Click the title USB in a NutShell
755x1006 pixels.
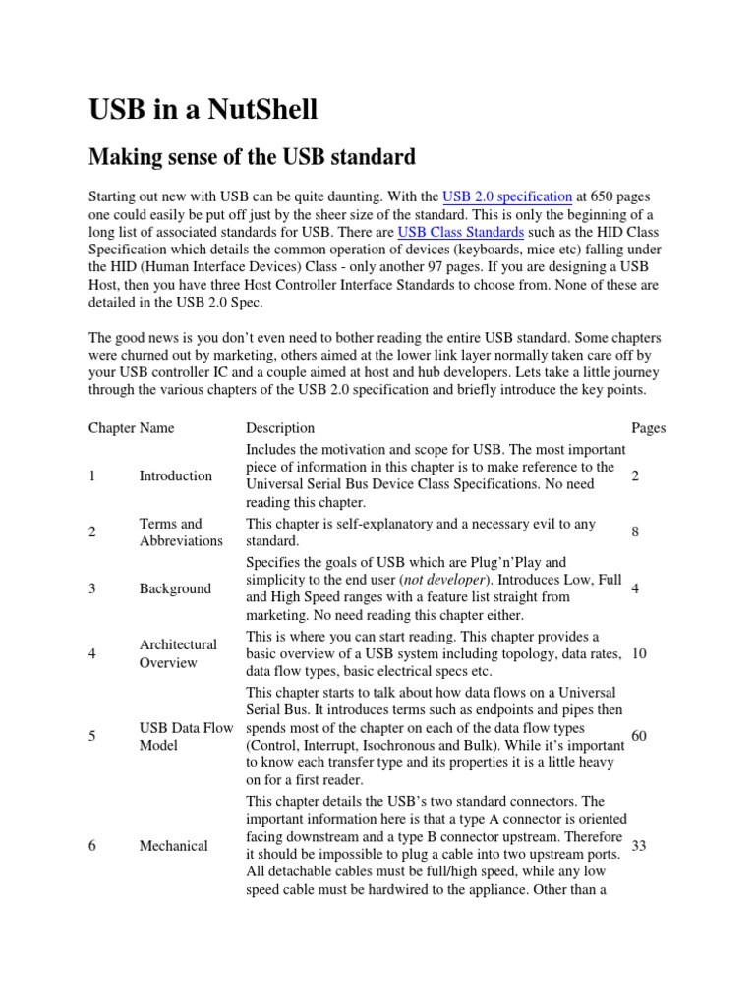(203, 110)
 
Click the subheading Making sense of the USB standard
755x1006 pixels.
(253, 156)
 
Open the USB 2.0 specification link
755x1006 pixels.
(507, 197)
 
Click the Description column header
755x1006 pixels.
(280, 428)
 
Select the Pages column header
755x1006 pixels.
(647, 428)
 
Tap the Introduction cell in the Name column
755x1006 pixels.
(176, 475)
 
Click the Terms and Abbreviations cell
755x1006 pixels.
(181, 531)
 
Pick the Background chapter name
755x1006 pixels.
(175, 588)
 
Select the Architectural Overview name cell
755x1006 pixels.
(178, 653)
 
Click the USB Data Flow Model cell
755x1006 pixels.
(187, 736)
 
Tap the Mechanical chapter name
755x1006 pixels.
(174, 846)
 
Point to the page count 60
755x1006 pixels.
(639, 736)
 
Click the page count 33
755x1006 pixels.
(639, 846)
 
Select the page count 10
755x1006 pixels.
(639, 653)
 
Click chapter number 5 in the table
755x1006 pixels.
(91, 736)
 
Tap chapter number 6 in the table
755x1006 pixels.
(91, 846)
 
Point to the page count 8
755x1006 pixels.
(636, 531)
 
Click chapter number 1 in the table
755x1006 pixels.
(91, 475)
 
